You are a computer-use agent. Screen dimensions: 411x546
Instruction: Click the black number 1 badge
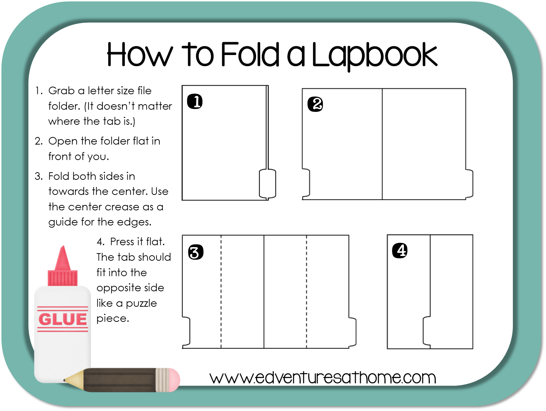tap(195, 101)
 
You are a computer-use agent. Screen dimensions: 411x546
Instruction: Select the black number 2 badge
tap(315, 104)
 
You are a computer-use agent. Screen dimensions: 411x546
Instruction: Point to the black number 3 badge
tap(196, 252)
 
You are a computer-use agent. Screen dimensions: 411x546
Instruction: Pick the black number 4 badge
tap(400, 251)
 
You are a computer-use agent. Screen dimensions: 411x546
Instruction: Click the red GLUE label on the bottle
tap(63, 319)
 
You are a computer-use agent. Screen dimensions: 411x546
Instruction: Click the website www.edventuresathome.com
tap(323, 378)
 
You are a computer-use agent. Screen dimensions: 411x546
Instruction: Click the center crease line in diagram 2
tap(382, 144)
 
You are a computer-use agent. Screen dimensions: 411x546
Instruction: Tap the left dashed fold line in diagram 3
tap(221, 291)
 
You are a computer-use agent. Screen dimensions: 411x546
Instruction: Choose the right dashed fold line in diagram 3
tap(306, 291)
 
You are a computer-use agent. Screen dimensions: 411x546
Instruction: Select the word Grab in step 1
tap(62, 91)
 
